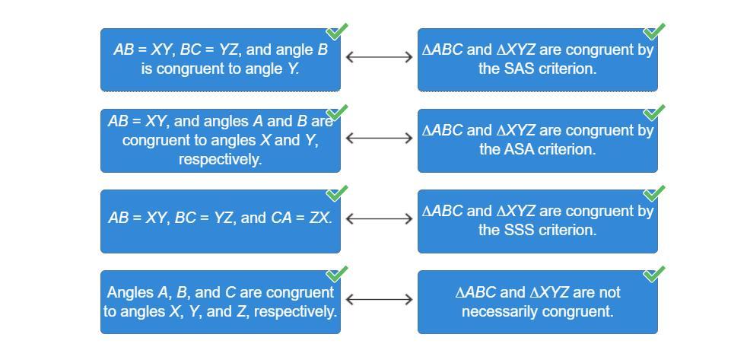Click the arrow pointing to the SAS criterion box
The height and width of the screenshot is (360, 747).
pos(379,56)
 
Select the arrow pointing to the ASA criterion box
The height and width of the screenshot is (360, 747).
pos(379,138)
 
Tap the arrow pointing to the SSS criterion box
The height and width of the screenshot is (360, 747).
pos(379,218)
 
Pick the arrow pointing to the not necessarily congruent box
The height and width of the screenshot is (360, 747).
pos(379,299)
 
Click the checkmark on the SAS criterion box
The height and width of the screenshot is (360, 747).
pos(654,31)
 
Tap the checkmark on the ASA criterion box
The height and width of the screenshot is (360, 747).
pos(654,112)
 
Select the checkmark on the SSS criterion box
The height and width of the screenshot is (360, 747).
pos(654,193)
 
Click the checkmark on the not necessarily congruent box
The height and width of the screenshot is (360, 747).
pos(654,273)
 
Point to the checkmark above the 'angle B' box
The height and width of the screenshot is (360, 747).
pos(337,31)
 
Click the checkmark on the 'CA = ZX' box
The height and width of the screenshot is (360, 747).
pos(337,193)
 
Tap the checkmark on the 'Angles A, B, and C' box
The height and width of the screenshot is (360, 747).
pos(337,273)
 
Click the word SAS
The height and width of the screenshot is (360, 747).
pos(518,68)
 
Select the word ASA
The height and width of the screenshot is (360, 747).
pos(519,149)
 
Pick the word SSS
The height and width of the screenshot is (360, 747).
pos(518,230)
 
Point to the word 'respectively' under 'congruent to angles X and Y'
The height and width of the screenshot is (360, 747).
pos(220,159)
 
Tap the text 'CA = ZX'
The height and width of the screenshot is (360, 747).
pos(300,218)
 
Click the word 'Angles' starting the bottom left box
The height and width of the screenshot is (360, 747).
pos(129,292)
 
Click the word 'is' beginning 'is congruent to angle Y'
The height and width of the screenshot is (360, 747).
pos(147,68)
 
